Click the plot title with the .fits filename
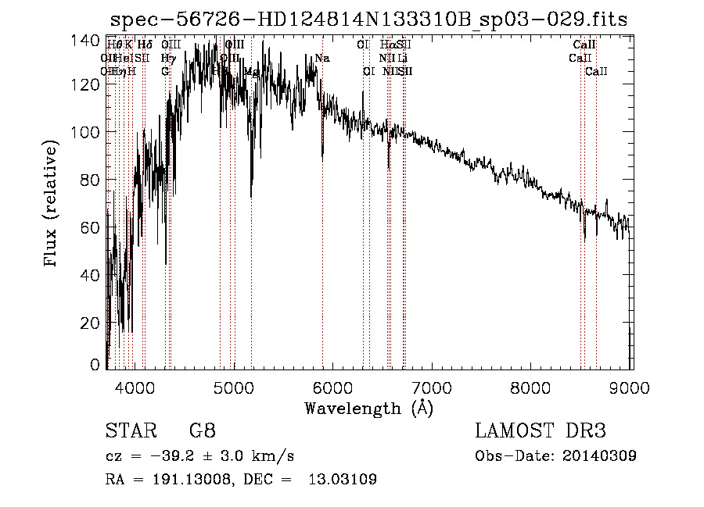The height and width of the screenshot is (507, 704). [x=368, y=20]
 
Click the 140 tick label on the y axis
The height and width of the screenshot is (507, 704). [x=90, y=40]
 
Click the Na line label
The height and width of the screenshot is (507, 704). [x=322, y=59]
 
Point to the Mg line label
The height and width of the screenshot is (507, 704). [x=251, y=71]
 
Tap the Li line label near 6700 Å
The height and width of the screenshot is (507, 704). [x=402, y=59]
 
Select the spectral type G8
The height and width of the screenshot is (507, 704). [x=202, y=431]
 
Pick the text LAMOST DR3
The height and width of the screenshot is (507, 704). [x=540, y=431]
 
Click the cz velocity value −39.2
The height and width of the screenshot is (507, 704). [x=168, y=455]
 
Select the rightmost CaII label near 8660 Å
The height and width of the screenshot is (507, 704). [x=596, y=71]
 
